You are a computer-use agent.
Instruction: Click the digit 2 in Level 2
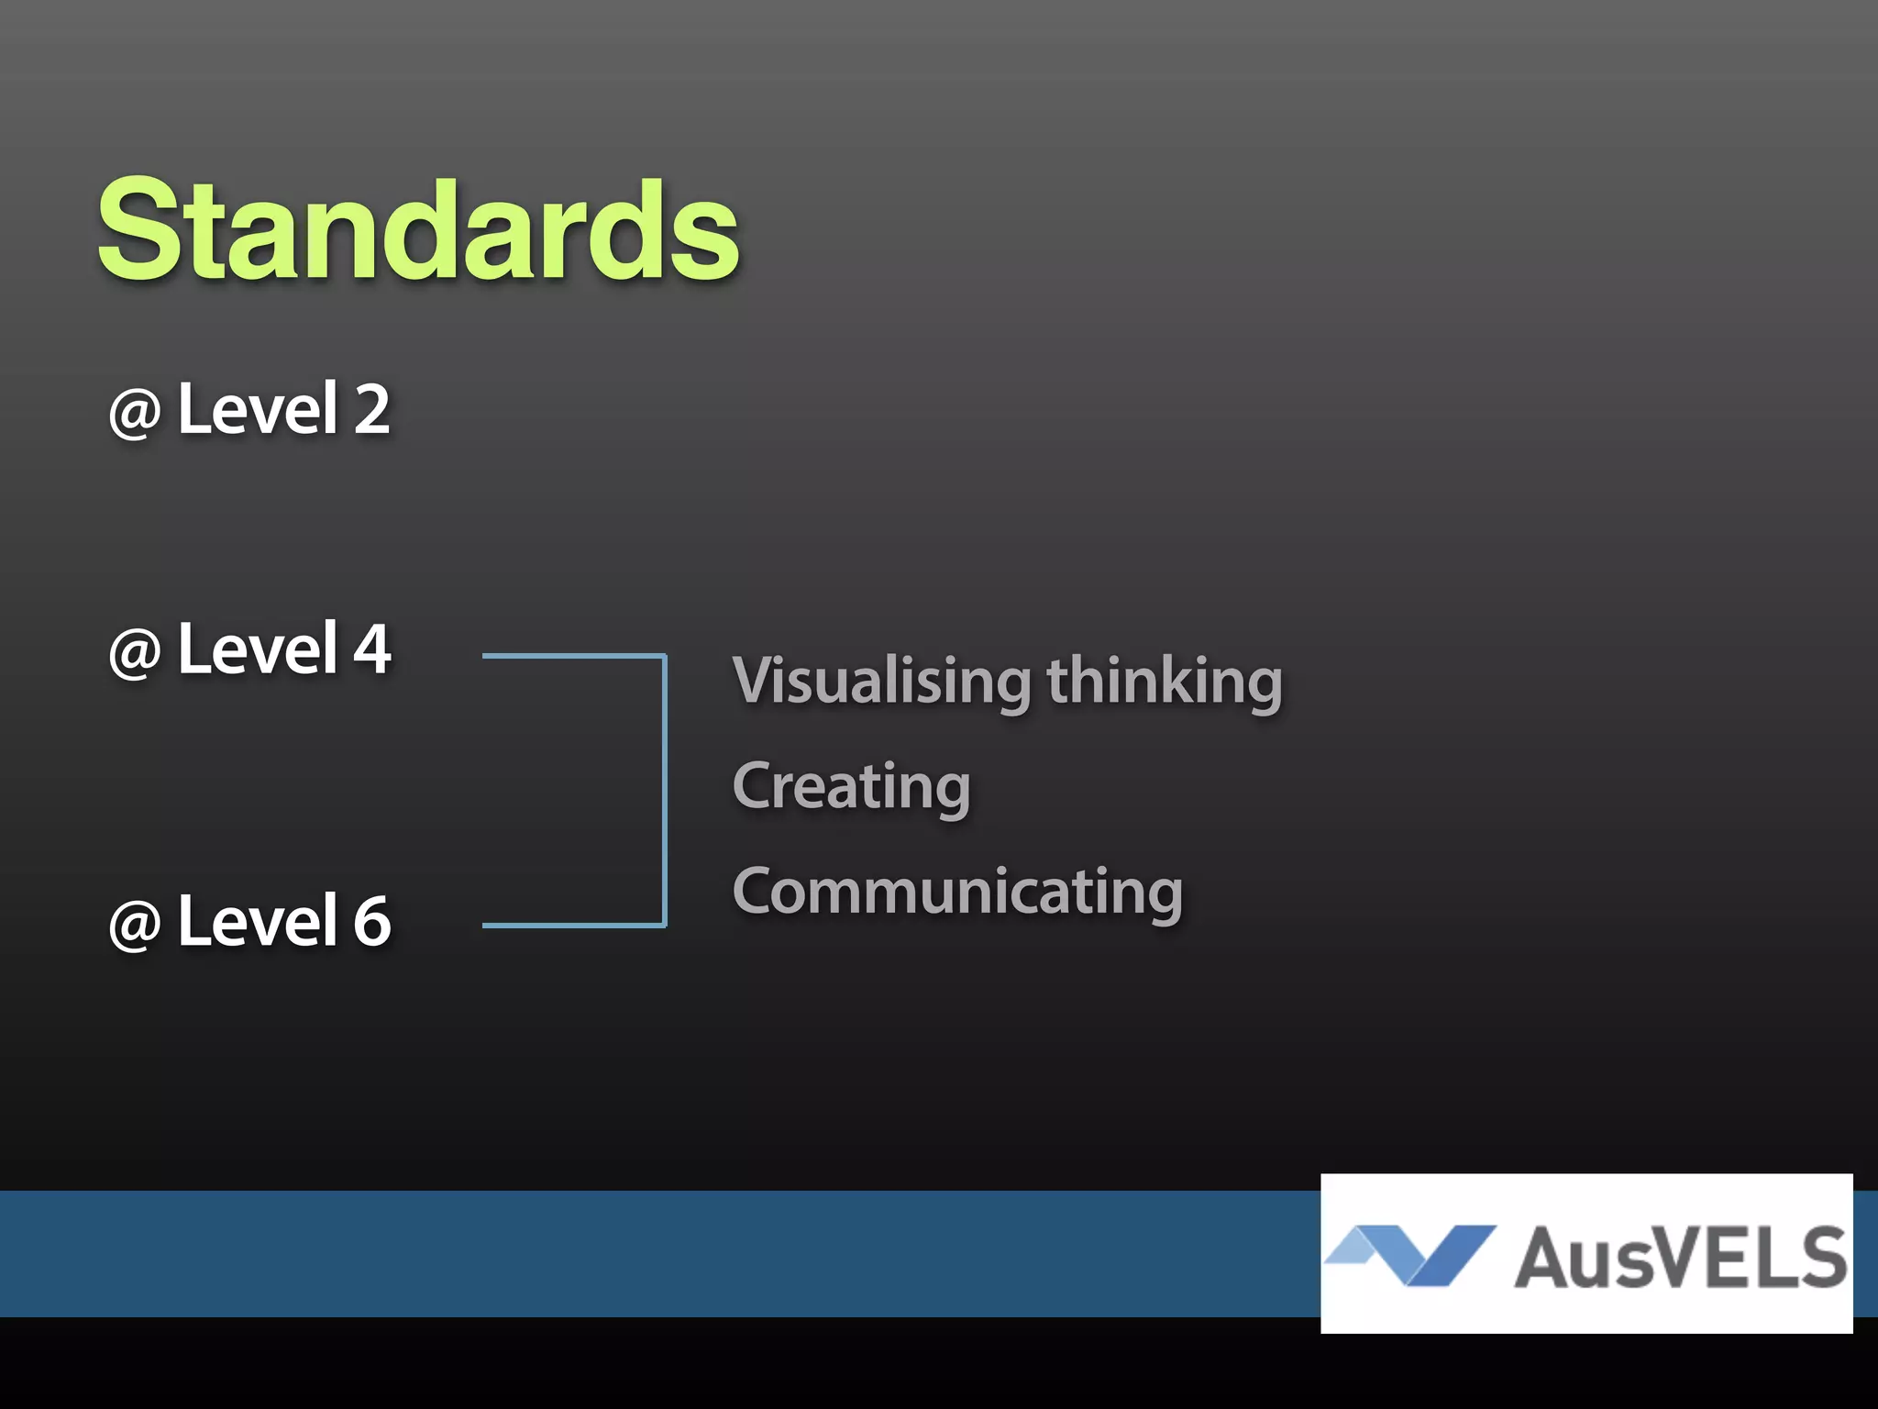point(372,409)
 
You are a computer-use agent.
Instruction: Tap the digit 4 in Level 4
point(372,649)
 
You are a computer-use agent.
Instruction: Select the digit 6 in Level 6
point(372,920)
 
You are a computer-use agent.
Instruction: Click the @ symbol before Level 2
point(136,413)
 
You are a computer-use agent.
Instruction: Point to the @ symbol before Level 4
point(136,653)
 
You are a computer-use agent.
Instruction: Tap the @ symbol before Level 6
point(136,925)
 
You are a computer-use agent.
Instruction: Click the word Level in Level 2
point(258,409)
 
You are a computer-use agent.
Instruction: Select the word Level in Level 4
point(258,649)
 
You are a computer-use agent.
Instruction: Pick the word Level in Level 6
point(258,920)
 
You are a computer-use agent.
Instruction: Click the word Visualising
point(882,681)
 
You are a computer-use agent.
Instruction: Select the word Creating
point(851,787)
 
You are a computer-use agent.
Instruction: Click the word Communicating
point(957,892)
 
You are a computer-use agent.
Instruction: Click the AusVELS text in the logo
point(1680,1257)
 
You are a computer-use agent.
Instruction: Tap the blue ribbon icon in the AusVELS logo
point(1412,1253)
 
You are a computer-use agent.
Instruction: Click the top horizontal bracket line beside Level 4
point(572,655)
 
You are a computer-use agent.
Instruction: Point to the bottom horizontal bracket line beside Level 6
point(572,925)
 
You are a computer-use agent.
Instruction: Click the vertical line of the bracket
point(664,789)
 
